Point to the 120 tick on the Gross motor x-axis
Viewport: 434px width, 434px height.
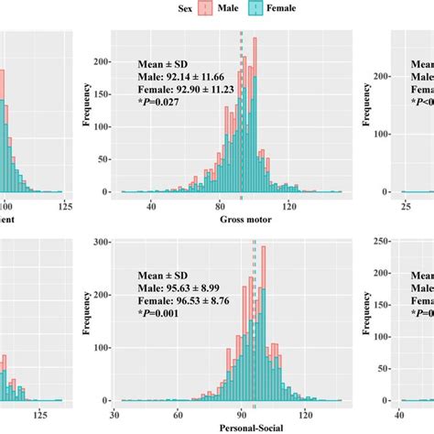tap(289, 207)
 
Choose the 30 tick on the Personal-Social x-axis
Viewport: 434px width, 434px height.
tap(114, 414)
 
